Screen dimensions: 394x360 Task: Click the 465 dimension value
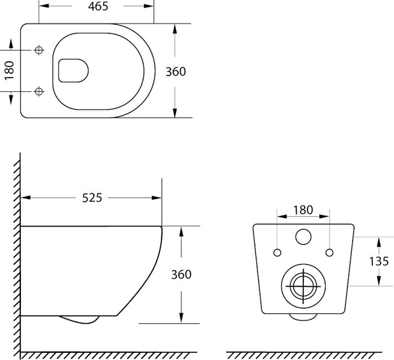click(x=98, y=7)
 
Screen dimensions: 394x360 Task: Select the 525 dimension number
click(x=92, y=198)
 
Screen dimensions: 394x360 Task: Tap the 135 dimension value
click(x=379, y=261)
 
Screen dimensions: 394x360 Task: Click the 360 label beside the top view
click(x=175, y=72)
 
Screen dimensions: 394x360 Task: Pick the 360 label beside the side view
click(x=181, y=275)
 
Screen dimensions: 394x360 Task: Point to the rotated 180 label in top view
click(x=9, y=71)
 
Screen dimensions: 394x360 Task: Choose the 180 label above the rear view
click(x=303, y=210)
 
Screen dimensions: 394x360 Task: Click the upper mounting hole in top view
click(x=39, y=50)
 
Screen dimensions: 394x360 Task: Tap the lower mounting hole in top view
click(x=39, y=91)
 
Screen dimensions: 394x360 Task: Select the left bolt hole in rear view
click(x=277, y=253)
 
